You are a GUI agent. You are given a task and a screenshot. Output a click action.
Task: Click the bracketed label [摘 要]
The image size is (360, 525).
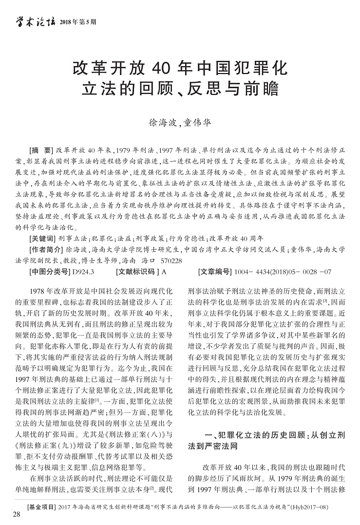(41, 150)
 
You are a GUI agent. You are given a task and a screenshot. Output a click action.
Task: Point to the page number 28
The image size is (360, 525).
(17, 515)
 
